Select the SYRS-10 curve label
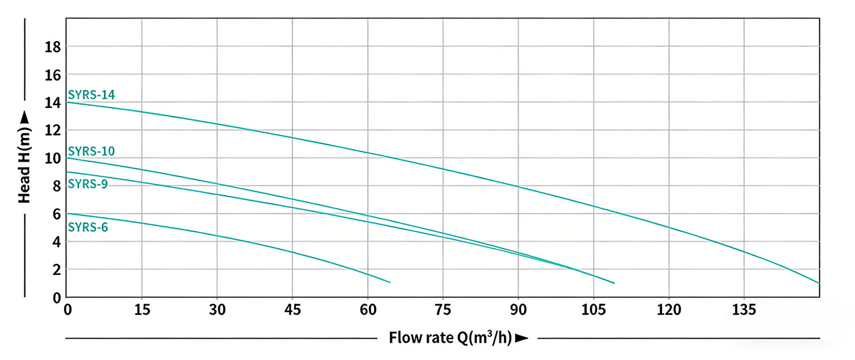(x=91, y=151)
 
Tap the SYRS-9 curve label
(x=88, y=184)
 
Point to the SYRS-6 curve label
(x=88, y=227)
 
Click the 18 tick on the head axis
(x=53, y=47)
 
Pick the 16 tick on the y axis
(x=53, y=75)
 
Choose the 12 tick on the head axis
(x=53, y=131)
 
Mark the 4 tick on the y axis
(x=56, y=242)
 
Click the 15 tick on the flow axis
(x=142, y=310)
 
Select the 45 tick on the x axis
(x=293, y=310)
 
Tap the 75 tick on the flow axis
(x=443, y=310)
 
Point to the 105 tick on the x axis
(x=594, y=310)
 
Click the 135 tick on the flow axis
(x=744, y=310)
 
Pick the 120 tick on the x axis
(x=669, y=310)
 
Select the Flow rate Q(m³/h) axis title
(x=450, y=337)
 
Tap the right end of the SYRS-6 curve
(x=390, y=283)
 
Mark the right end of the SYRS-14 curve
(x=819, y=283)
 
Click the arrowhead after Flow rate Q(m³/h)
(x=521, y=338)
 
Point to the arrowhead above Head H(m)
(x=24, y=117)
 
